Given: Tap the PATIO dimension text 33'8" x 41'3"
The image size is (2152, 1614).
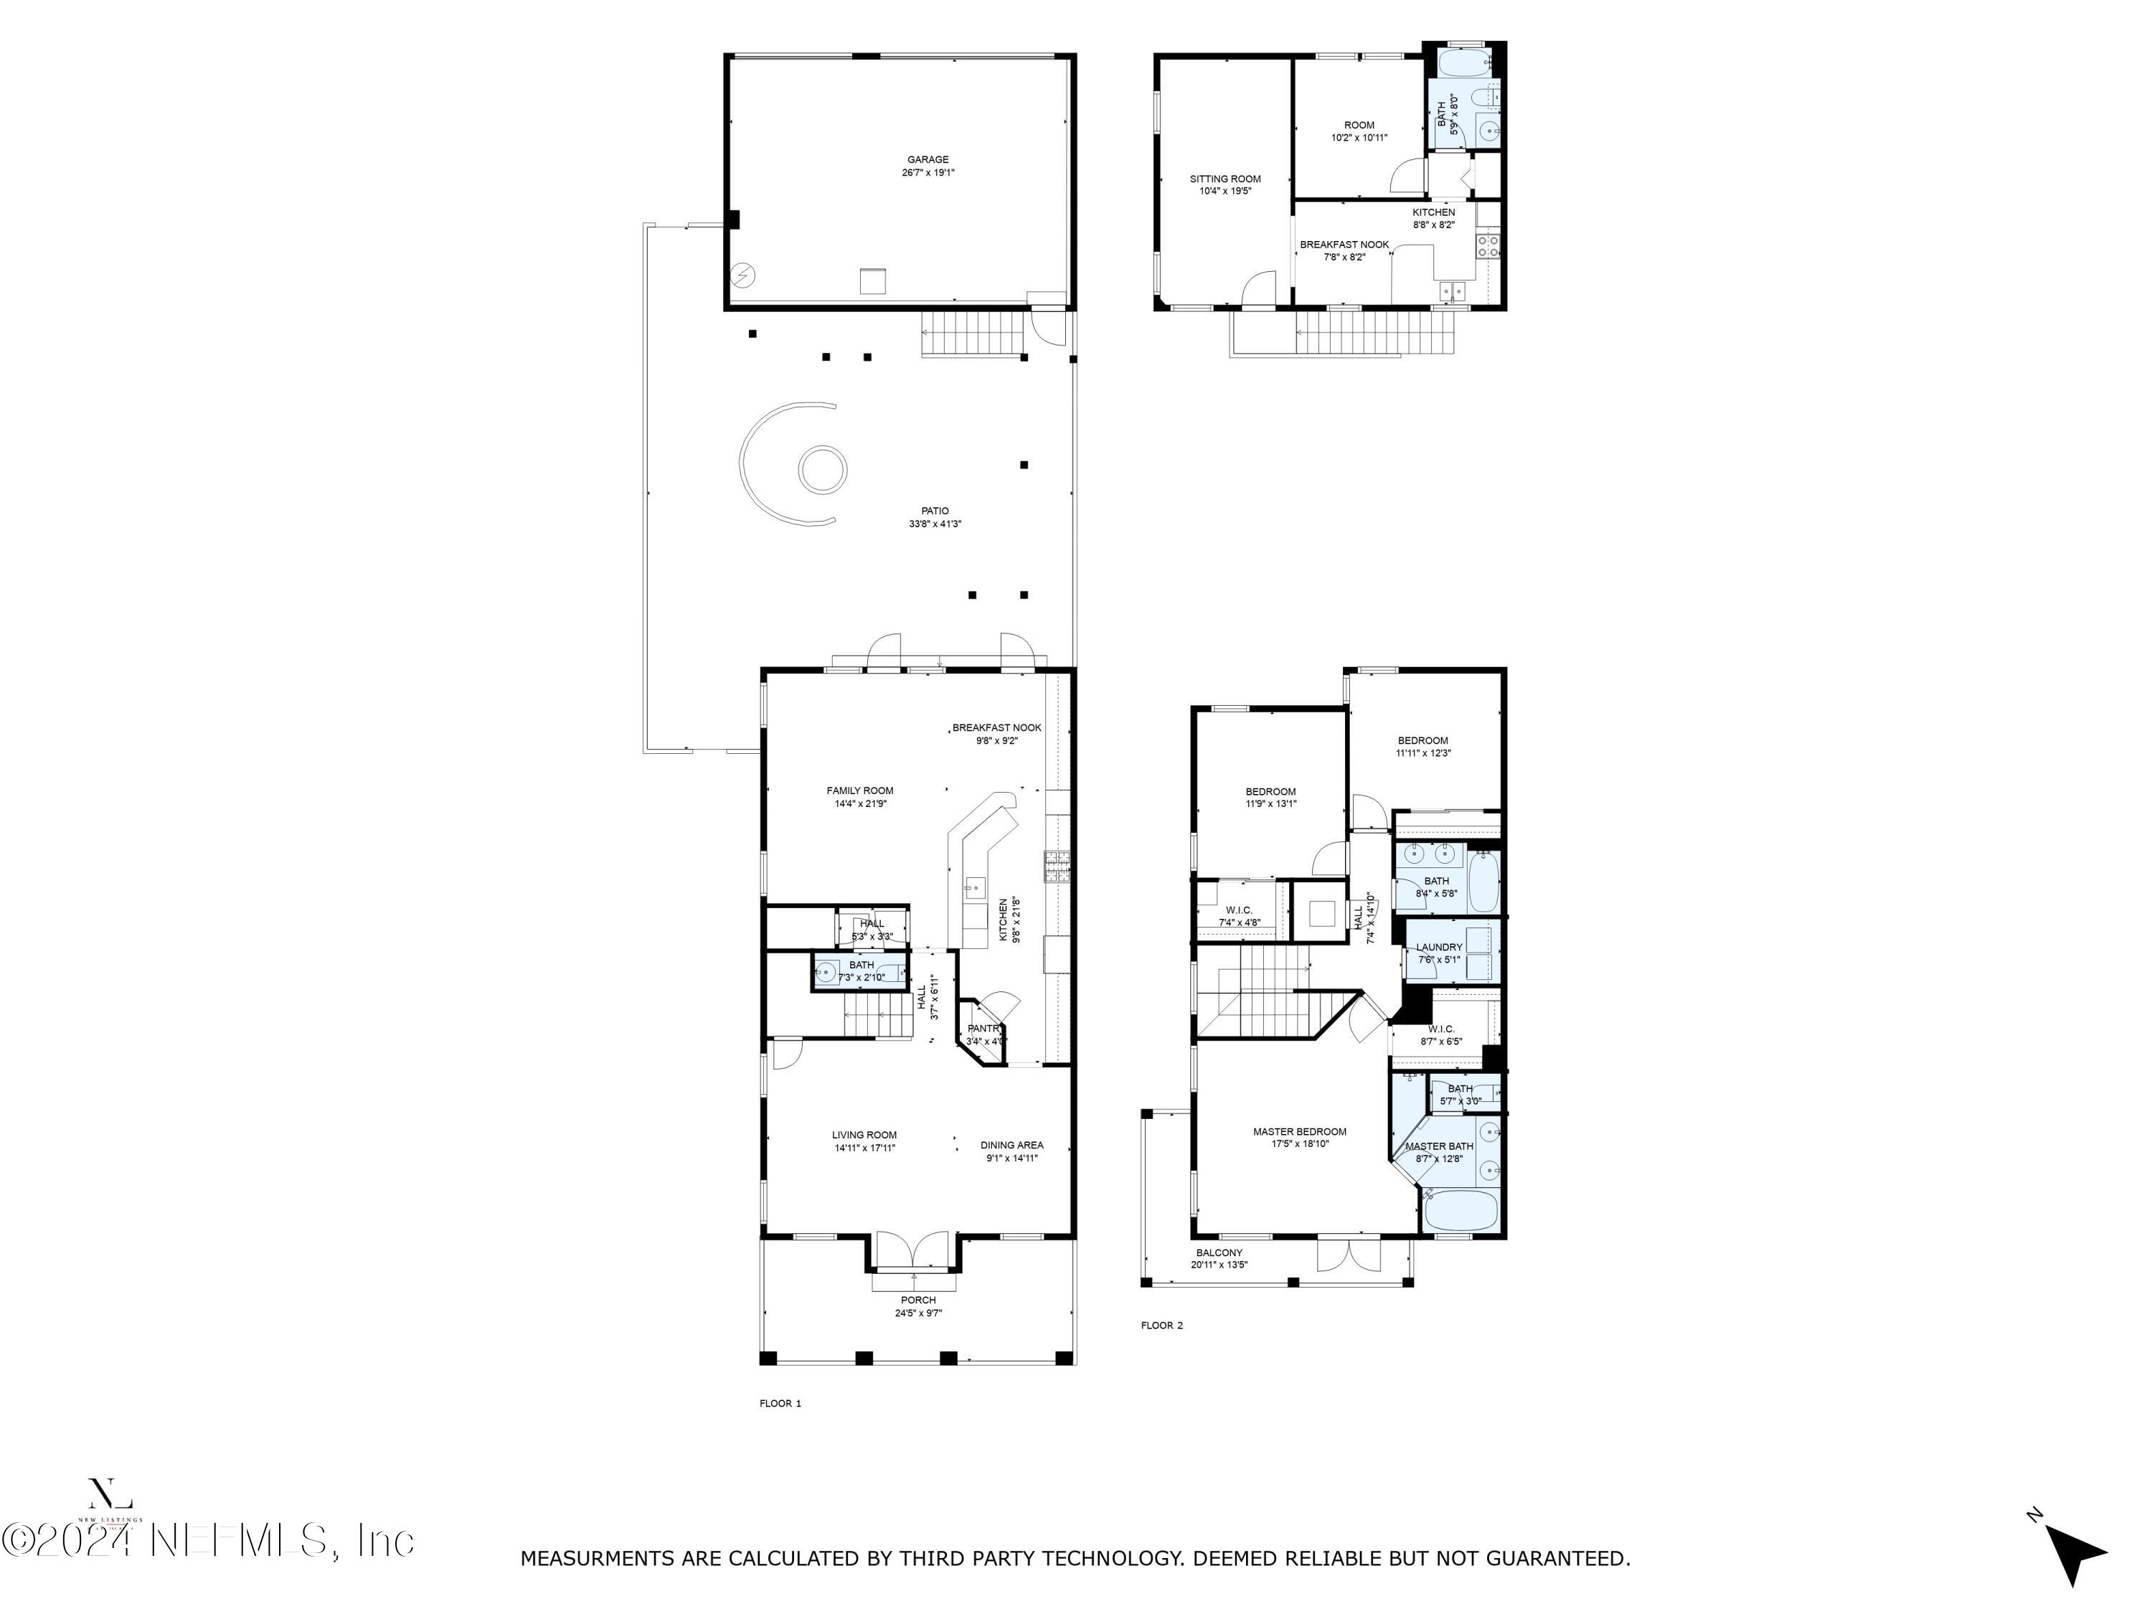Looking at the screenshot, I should (x=934, y=524).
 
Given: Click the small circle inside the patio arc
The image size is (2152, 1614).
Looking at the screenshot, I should (x=821, y=471).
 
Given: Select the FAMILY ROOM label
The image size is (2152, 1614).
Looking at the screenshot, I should (x=859, y=791).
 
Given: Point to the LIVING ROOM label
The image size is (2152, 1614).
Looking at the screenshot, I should (x=864, y=1134).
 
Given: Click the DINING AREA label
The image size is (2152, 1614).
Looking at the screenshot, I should (x=1011, y=1145).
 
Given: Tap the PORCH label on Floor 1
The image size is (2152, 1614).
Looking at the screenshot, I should (x=917, y=1300).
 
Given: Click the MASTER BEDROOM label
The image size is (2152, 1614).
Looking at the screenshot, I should (x=1299, y=1131).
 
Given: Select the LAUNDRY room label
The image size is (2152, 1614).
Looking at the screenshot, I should (x=1438, y=948).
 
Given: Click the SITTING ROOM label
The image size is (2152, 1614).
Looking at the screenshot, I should (x=1225, y=179).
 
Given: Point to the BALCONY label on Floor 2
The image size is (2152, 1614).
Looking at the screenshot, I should (x=1218, y=1253).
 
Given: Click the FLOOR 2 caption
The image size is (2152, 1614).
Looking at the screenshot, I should (x=1161, y=1325).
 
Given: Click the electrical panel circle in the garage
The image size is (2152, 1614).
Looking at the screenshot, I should (x=743, y=276).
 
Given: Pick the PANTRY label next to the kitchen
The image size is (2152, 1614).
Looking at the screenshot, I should (x=983, y=1029).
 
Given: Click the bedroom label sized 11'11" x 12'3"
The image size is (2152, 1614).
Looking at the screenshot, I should (x=1422, y=740).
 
